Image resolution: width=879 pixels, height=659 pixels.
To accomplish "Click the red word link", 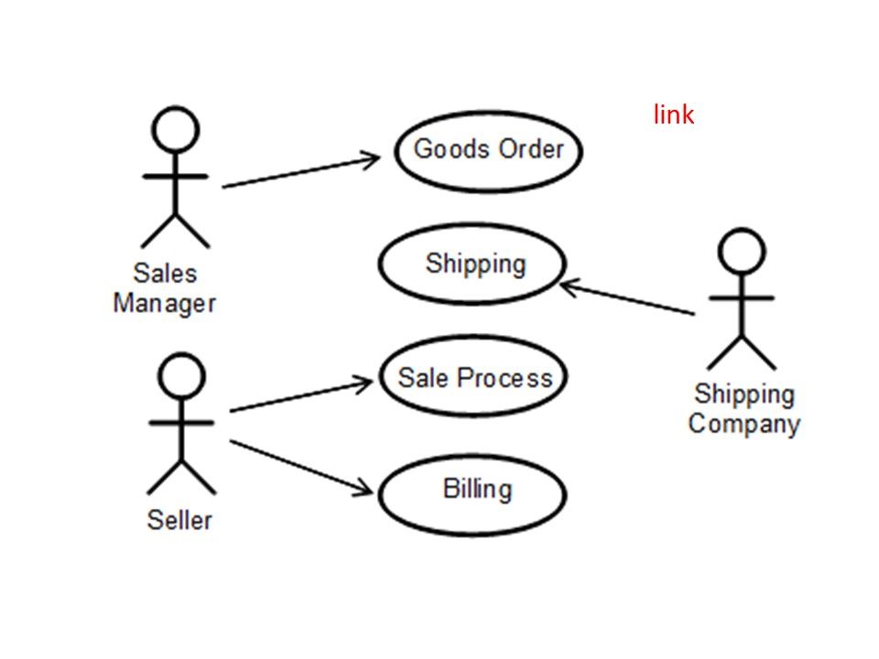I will pos(674,115).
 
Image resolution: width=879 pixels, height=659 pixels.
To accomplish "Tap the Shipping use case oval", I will pos(473,265).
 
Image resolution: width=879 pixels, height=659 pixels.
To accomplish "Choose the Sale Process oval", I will pos(473,378).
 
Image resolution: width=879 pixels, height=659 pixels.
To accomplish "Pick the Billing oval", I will pos(473,492).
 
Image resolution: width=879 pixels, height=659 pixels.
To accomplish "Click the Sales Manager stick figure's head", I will pos(175,129).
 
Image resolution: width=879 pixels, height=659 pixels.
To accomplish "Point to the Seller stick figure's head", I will pos(182,376).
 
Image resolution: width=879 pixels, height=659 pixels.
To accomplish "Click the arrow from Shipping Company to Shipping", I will pos(628,299).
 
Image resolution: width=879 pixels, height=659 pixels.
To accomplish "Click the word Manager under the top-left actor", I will pos(164,303).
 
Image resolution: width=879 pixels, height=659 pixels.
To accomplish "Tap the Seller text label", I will pos(179,520).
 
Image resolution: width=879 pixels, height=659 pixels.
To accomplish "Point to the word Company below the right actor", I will pos(743,424).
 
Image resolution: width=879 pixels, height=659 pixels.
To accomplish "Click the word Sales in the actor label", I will pos(165,273).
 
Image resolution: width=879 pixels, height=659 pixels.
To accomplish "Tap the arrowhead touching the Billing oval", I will pos(366,489).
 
